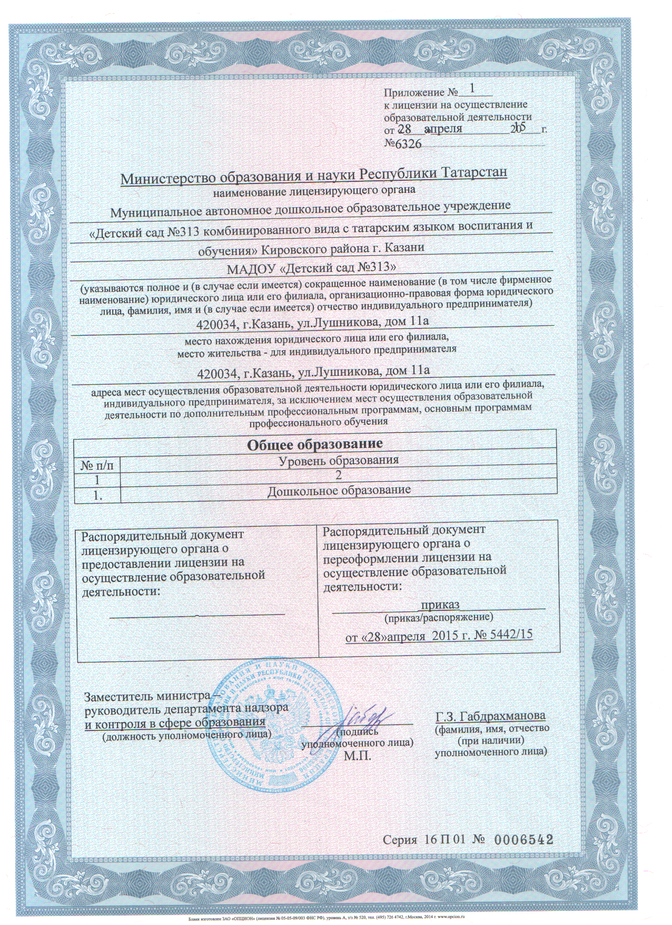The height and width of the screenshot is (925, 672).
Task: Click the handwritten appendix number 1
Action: (471, 87)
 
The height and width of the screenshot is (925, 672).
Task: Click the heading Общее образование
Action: (314, 444)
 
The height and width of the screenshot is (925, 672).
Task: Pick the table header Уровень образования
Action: (338, 460)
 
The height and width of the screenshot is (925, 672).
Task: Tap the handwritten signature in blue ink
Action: (363, 715)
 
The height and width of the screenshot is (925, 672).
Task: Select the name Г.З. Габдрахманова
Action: (490, 716)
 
